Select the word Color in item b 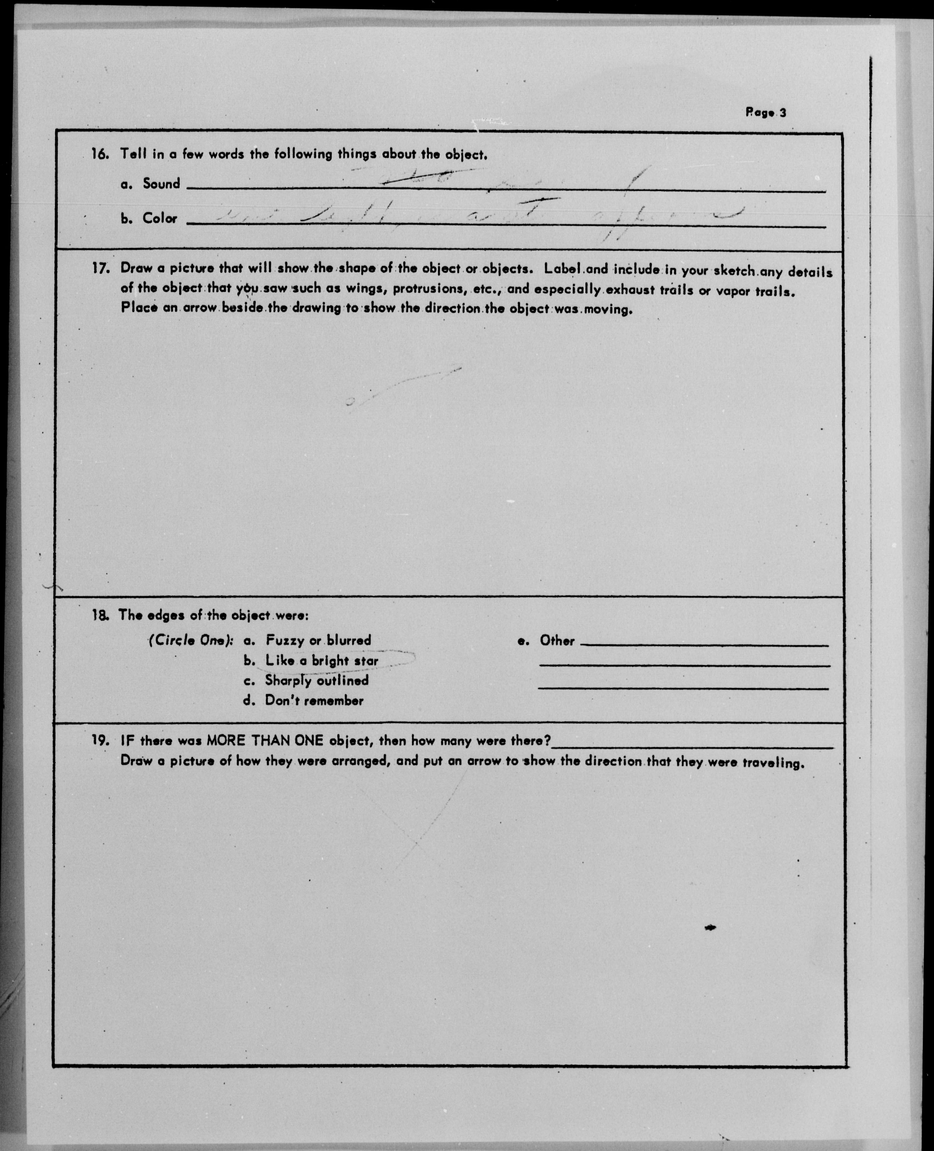click(159, 218)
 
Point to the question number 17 click(101, 268)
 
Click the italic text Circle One click(191, 640)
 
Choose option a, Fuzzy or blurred click(317, 640)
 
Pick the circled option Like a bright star click(321, 661)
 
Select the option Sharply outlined click(316, 681)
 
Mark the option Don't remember click(314, 701)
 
